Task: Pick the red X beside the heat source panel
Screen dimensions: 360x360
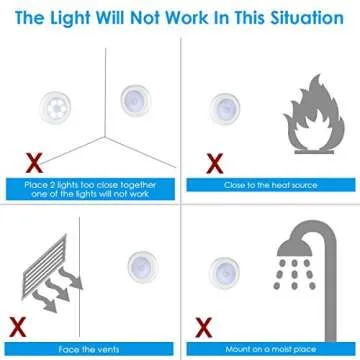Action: pos(213,159)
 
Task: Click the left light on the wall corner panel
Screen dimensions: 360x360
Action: pos(56,107)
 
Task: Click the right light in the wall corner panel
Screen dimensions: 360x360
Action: pos(136,100)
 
